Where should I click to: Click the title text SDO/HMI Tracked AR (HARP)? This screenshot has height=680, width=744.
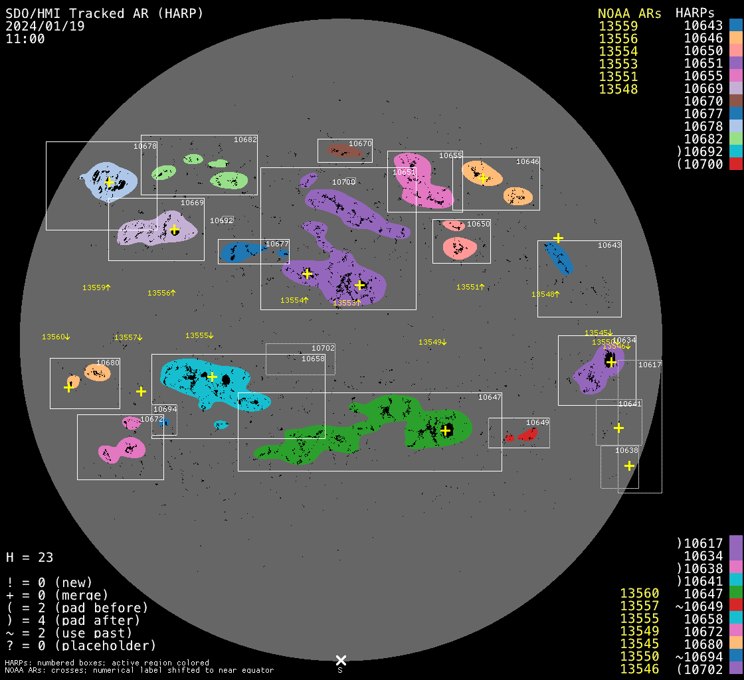pyautogui.click(x=104, y=13)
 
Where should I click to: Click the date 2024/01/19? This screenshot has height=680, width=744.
pyautogui.click(x=45, y=26)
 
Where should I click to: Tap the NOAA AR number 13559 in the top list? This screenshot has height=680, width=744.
pyautogui.click(x=618, y=26)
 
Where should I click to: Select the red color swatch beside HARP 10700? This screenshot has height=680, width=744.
pyautogui.click(x=735, y=164)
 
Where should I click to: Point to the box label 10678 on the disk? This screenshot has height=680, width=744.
pyautogui.click(x=145, y=146)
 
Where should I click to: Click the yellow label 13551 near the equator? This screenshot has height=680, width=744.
pyautogui.click(x=470, y=287)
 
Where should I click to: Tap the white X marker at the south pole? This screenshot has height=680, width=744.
pyautogui.click(x=341, y=660)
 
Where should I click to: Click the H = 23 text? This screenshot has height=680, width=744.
pyautogui.click(x=29, y=557)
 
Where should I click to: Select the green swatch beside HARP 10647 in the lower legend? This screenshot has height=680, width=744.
pyautogui.click(x=735, y=593)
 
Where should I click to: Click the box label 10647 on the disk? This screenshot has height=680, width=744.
pyautogui.click(x=490, y=397)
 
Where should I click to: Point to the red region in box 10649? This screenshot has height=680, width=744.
pyautogui.click(x=527, y=434)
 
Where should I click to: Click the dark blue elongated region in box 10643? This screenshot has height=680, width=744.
pyautogui.click(x=558, y=258)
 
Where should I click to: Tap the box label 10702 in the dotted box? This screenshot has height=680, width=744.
pyautogui.click(x=323, y=348)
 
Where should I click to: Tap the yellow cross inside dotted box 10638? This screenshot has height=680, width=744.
pyautogui.click(x=629, y=466)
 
